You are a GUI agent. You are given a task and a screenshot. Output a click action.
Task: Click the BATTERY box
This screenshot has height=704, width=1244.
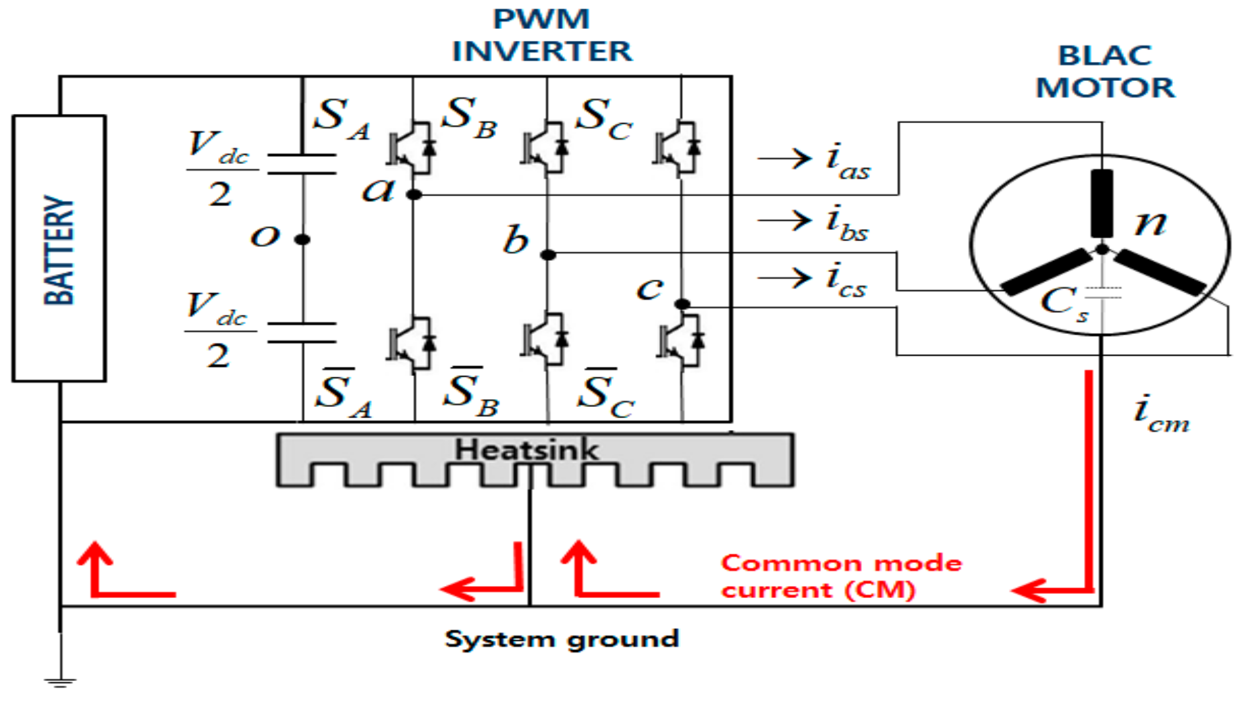[x=59, y=248]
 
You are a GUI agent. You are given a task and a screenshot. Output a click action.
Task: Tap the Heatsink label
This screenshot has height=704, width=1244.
[x=526, y=450]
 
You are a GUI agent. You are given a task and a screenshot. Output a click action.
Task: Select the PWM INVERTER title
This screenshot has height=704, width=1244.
[x=541, y=36]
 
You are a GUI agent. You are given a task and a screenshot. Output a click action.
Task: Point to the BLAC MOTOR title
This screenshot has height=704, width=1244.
[x=1104, y=72]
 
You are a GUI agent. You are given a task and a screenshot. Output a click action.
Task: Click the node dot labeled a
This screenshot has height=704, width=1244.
[x=414, y=194]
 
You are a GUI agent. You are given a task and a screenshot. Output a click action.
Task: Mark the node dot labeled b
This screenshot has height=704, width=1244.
[x=548, y=255]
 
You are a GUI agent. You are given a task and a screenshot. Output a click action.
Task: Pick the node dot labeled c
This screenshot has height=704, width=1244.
[x=682, y=304]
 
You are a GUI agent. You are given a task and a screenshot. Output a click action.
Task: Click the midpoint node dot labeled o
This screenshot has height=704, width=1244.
[x=302, y=239]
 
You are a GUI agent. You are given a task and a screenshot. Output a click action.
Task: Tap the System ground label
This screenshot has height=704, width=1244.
[x=562, y=639]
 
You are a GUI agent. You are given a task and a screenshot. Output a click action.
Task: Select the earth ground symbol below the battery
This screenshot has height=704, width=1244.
[x=60, y=682]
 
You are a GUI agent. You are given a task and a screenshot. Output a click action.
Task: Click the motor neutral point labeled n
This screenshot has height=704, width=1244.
[x=1102, y=250]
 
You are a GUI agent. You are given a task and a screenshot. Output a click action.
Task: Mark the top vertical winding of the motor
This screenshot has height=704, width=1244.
[x=1102, y=203]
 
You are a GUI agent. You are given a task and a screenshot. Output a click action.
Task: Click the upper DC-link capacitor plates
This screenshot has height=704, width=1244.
[x=302, y=164]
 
